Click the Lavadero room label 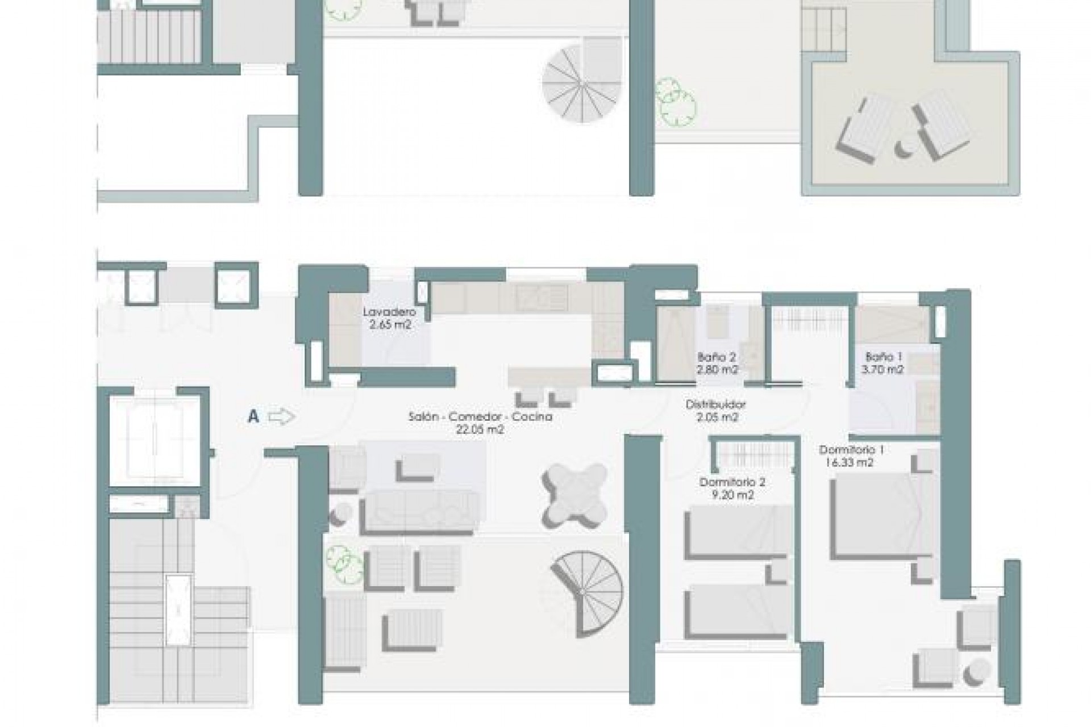pos(389,312)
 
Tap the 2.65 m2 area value pos(389,325)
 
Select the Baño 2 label pos(717,358)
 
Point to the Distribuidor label pos(715,405)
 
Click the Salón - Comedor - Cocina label pos(480,417)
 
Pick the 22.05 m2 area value pos(480,430)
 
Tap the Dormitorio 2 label pos(732,483)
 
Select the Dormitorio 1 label pos(851,450)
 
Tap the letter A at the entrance pos(253,417)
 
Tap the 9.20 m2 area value pos(732,496)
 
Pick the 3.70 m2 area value pos(883,370)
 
